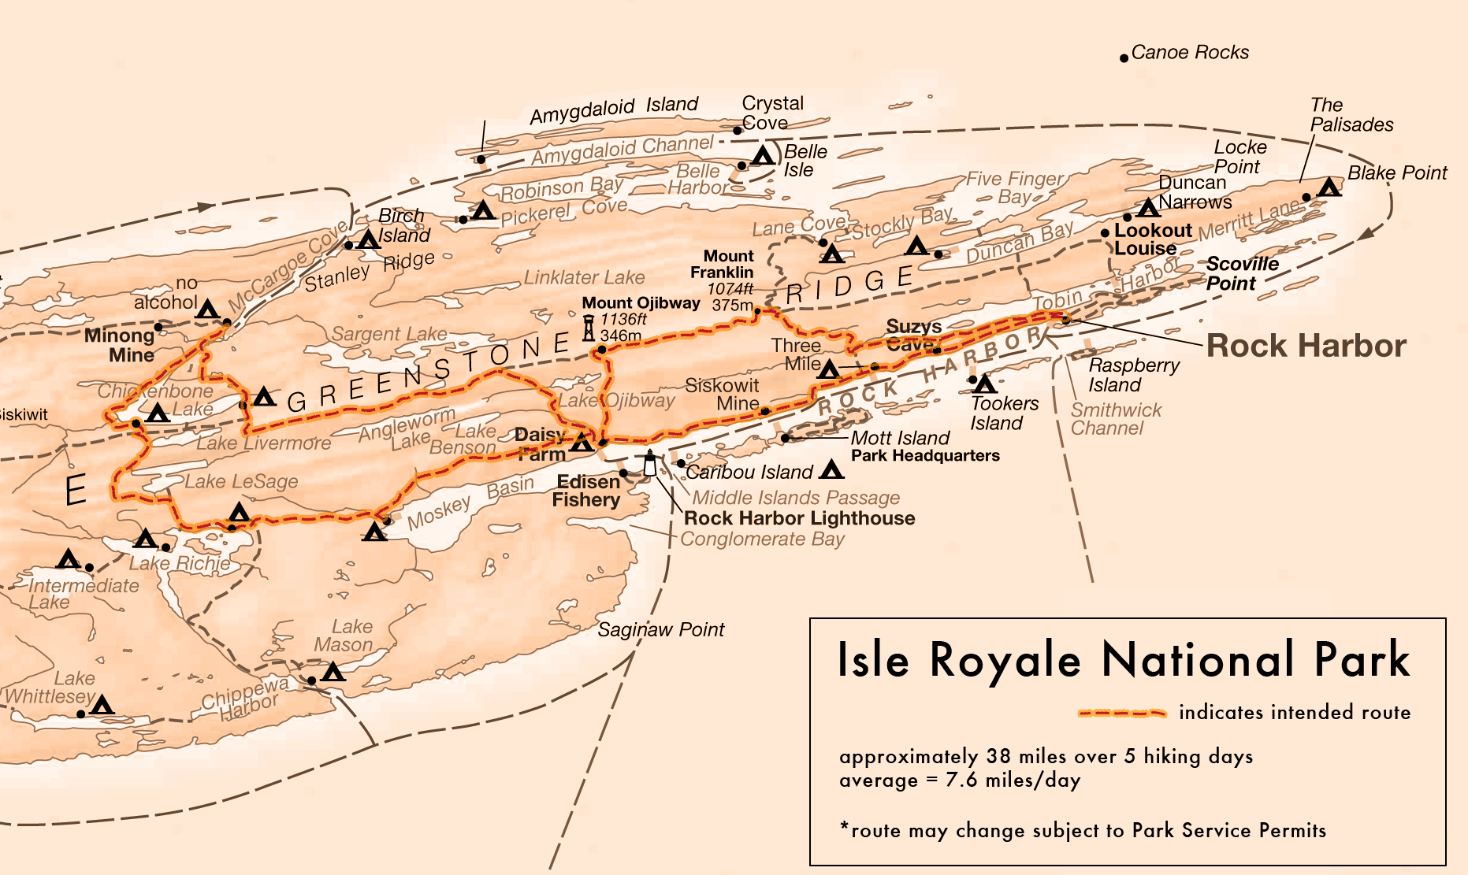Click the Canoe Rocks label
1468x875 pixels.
(x=1189, y=53)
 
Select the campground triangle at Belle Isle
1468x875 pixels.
(x=762, y=155)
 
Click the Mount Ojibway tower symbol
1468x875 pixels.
(x=589, y=327)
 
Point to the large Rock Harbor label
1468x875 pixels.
(x=1306, y=346)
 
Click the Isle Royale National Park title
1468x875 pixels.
(x=1123, y=660)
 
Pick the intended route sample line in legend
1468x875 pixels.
(x=1122, y=713)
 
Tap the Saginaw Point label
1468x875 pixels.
(x=660, y=630)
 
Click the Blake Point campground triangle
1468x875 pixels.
(x=1329, y=187)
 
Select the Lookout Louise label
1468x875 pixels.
(x=1151, y=239)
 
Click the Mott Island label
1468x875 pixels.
(x=900, y=438)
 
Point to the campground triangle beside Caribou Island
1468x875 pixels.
(x=831, y=470)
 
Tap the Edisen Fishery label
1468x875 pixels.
(x=587, y=491)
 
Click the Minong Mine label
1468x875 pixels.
(x=121, y=345)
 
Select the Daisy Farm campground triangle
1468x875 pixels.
(x=582, y=443)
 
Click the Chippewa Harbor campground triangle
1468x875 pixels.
(x=333, y=672)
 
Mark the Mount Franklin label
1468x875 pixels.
(x=723, y=264)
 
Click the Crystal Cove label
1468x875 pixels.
(x=771, y=113)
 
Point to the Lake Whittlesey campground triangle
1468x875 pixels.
(x=102, y=705)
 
